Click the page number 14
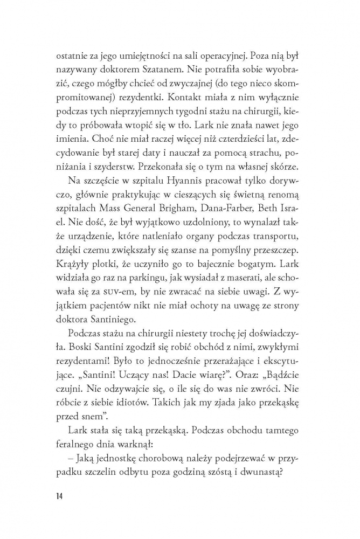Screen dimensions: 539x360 pos(59,496)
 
